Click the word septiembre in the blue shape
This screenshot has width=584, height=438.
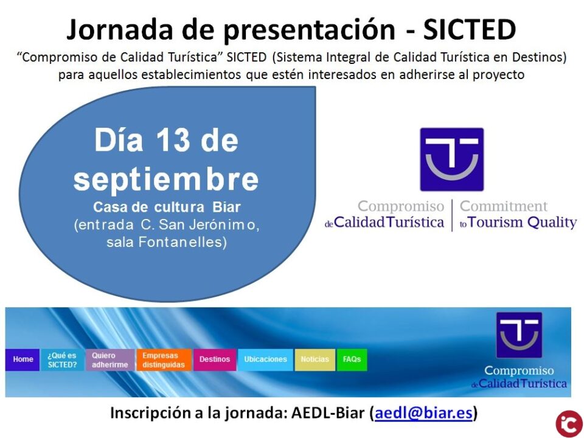pos(166,179)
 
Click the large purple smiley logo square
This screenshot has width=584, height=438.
pos(451,159)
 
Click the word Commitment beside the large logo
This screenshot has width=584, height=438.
pos(504,206)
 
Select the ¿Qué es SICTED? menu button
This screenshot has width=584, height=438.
pos(62,360)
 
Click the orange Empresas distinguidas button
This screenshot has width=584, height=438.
pos(163,360)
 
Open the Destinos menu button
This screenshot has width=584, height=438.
pos(215,360)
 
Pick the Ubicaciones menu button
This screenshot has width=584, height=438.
pos(265,360)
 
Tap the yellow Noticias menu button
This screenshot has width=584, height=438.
pos(315,360)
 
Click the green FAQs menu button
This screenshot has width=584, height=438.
pos(352,360)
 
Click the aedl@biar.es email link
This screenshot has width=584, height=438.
pos(423,413)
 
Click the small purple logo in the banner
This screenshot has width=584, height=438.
pos(518,335)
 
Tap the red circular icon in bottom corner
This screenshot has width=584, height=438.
pos(569,423)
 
